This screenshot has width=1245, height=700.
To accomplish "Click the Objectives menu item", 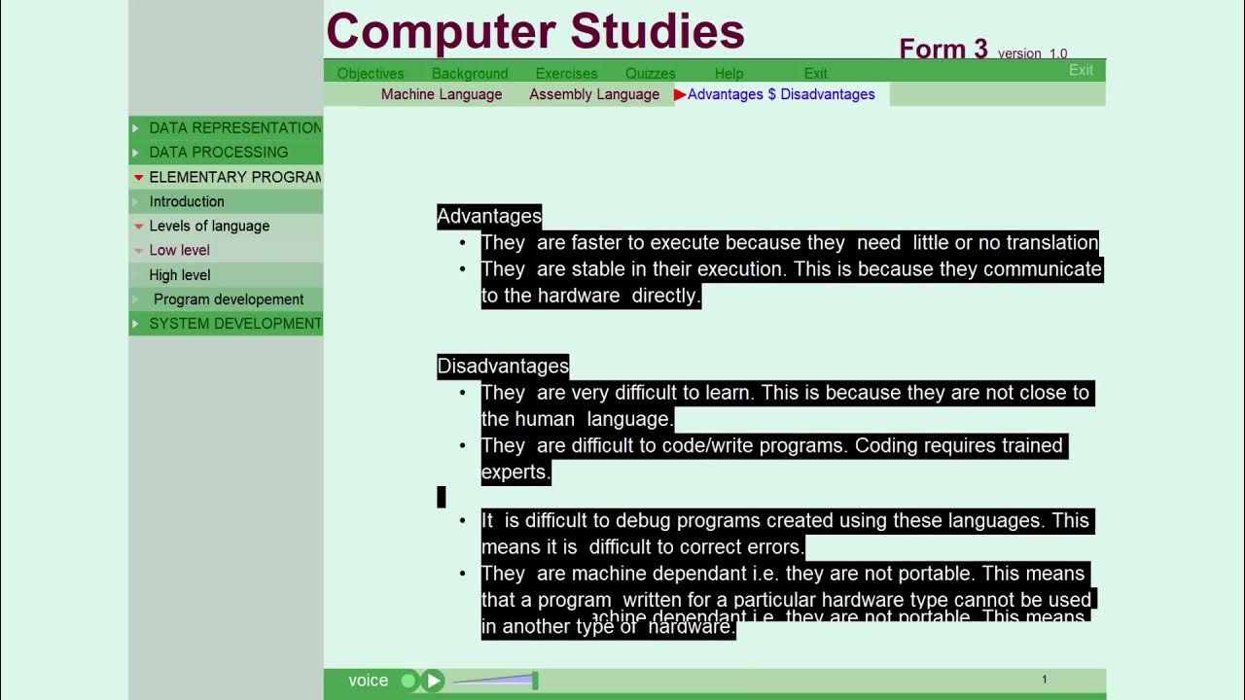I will pos(370,73).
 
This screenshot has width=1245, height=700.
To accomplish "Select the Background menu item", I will pos(470,73).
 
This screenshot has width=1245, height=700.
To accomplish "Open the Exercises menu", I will pos(566,73).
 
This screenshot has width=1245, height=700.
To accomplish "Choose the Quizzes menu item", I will pos(650,73).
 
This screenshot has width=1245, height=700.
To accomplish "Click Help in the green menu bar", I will pos(729,73).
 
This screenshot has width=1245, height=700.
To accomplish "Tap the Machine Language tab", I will pos(442,94).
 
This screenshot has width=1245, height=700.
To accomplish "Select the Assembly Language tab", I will pos(594,94).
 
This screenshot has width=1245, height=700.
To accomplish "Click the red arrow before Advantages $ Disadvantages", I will pos(680,94).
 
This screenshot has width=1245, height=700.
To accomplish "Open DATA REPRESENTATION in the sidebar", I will pos(234,127).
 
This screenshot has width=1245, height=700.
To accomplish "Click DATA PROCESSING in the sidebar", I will pos(218,152).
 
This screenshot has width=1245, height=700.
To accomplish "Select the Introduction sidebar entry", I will pos(187,201).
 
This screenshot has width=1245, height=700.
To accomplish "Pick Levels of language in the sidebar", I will pos(209,226).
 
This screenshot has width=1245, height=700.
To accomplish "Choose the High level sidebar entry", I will pos(180,275).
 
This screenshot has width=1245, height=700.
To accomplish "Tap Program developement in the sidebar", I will pos(229,299).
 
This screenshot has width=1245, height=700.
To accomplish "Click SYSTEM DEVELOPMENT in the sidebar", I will pos(234,324).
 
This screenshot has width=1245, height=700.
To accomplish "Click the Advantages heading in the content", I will pos(489,216).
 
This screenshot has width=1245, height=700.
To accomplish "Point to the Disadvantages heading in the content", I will pos(503,366).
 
